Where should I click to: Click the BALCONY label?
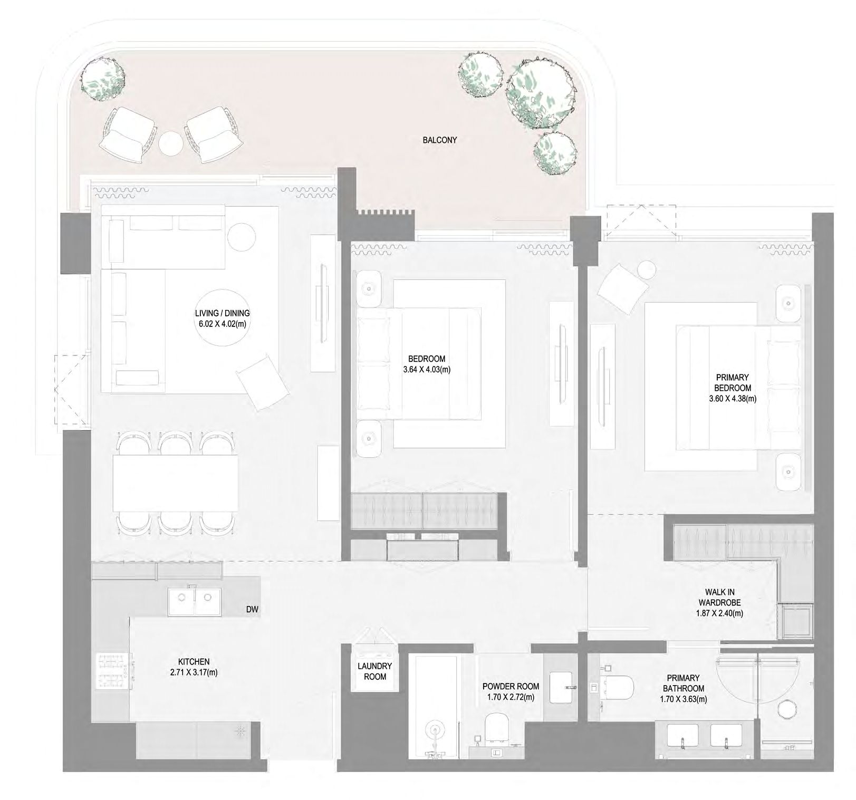[439, 140]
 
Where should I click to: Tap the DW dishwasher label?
[252, 610]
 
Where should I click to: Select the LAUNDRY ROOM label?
[374, 671]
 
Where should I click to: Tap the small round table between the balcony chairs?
[171, 142]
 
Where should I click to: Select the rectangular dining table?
[176, 483]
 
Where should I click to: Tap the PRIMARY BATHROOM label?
[682, 683]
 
